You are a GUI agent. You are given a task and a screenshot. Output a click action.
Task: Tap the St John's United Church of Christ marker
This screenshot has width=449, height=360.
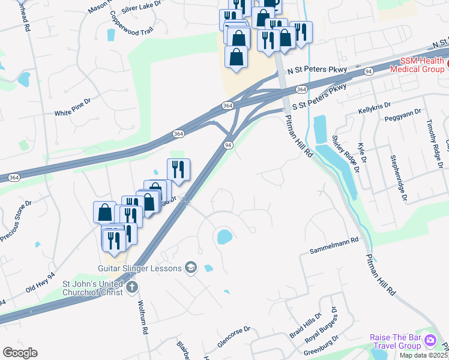tap(132, 289)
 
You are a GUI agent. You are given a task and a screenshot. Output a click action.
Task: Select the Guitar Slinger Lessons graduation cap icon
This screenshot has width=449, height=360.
tap(191, 268)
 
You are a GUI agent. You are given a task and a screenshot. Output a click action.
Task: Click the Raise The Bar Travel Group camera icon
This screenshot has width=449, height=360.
tap(430, 341)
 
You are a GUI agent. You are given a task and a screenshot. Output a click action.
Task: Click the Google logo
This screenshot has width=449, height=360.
tap(20, 353)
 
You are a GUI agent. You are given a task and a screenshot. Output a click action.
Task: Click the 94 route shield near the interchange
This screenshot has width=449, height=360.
tap(228, 145)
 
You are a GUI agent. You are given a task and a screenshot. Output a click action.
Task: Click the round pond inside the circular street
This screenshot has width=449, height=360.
tap(223, 236)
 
